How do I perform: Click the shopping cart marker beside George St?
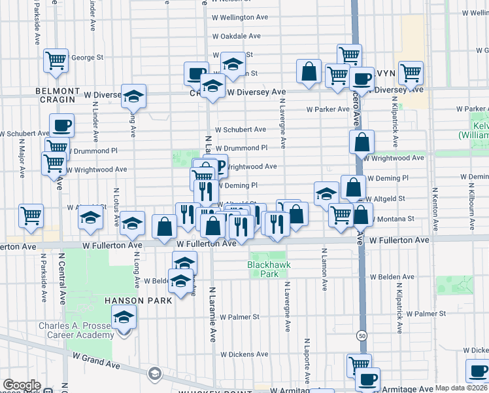coord(57,60)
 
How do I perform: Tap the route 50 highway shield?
coord(361,335)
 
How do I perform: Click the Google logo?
coord(22,385)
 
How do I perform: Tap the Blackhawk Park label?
coord(268,269)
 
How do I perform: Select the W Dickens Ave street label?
coord(243,354)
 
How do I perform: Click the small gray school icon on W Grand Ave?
coord(155,374)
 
